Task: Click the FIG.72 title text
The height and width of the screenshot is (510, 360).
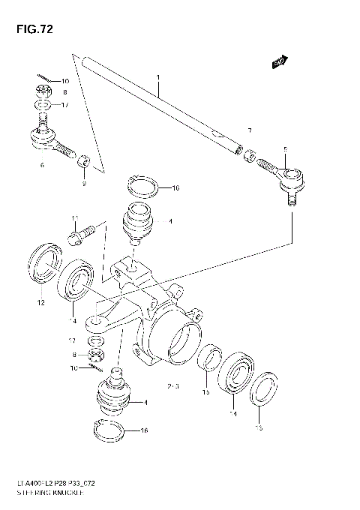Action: click(31, 30)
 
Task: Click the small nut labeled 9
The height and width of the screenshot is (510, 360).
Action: click(85, 160)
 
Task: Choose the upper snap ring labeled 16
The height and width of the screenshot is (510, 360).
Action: click(142, 184)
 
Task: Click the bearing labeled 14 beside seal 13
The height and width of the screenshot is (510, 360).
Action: click(238, 372)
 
